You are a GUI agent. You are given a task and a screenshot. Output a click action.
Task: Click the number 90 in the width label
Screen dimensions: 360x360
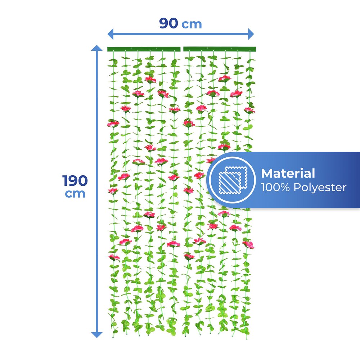(169, 23)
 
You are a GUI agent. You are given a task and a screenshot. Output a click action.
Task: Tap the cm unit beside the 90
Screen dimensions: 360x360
(192, 24)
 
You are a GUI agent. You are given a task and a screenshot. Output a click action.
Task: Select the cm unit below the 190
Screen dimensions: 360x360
(75, 194)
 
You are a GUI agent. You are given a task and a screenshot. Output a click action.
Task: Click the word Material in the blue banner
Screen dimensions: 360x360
(288, 174)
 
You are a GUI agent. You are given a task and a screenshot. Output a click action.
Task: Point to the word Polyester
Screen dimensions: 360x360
(320, 188)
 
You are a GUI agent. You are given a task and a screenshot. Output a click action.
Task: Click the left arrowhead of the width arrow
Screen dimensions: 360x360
(111, 34)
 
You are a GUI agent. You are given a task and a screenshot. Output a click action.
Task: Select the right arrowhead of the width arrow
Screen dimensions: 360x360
(251, 34)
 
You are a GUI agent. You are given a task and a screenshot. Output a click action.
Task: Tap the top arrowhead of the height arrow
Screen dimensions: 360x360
(97, 48)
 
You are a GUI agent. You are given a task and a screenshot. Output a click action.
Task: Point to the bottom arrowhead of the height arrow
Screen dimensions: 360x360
(97, 335)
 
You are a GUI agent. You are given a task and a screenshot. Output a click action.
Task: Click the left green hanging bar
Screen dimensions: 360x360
(144, 49)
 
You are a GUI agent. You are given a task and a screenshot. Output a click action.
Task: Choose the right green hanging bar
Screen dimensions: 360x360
(220, 49)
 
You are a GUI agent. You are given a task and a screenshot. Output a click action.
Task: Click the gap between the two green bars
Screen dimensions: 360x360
(182, 49)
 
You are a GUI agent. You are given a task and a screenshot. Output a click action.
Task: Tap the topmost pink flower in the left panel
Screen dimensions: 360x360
(150, 80)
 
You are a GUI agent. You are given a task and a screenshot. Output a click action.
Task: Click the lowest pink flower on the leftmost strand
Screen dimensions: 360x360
(114, 257)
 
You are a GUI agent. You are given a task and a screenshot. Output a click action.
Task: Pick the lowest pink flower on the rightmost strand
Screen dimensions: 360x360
(248, 244)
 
